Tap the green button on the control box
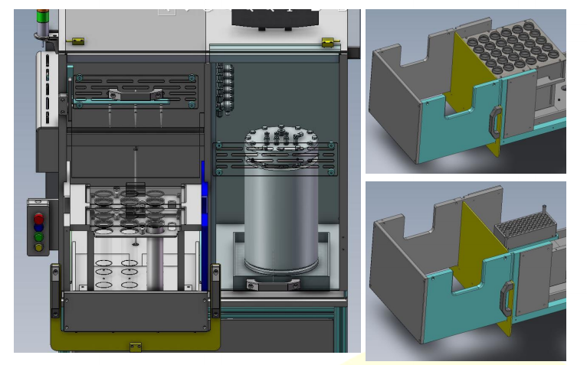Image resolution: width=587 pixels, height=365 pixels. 39,237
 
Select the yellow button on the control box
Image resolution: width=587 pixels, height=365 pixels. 39,246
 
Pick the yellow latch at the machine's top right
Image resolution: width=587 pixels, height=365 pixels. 329,43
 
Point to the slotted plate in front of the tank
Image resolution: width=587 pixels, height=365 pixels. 274,158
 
